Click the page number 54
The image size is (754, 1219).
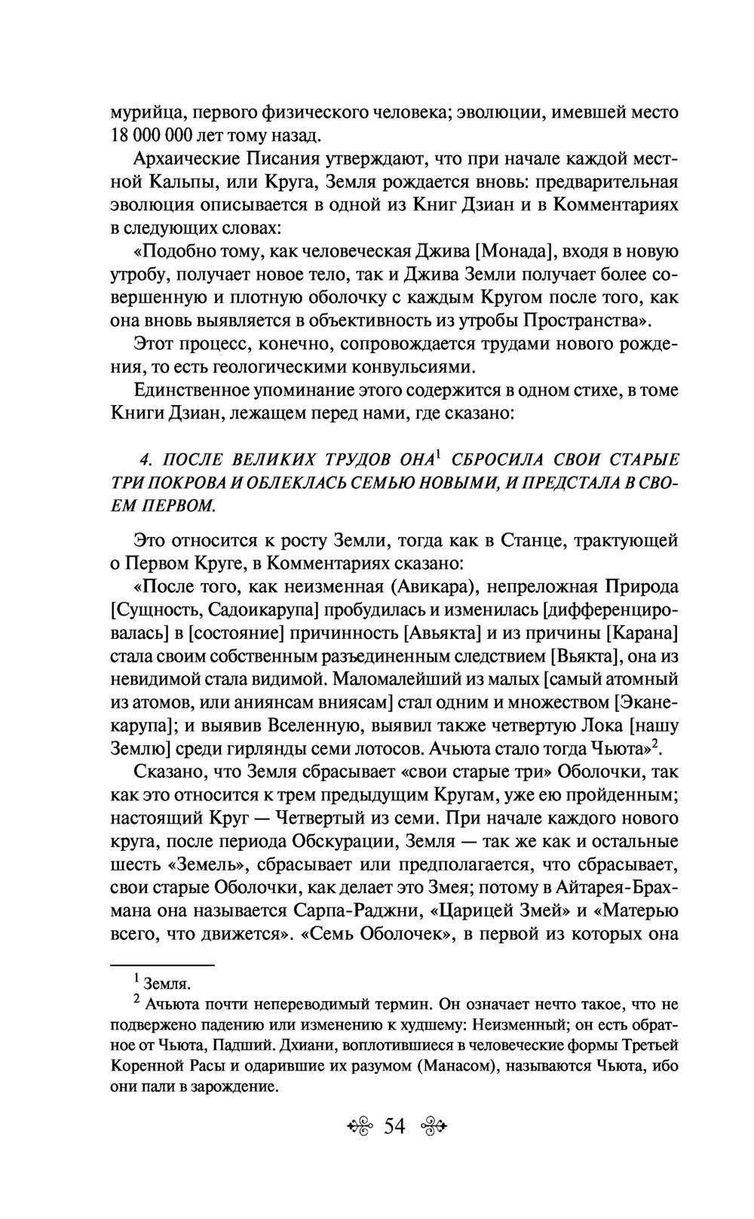click(394, 1126)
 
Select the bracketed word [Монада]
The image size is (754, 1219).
click(516, 251)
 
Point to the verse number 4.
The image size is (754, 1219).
click(148, 458)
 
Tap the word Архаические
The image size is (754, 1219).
click(183, 159)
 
